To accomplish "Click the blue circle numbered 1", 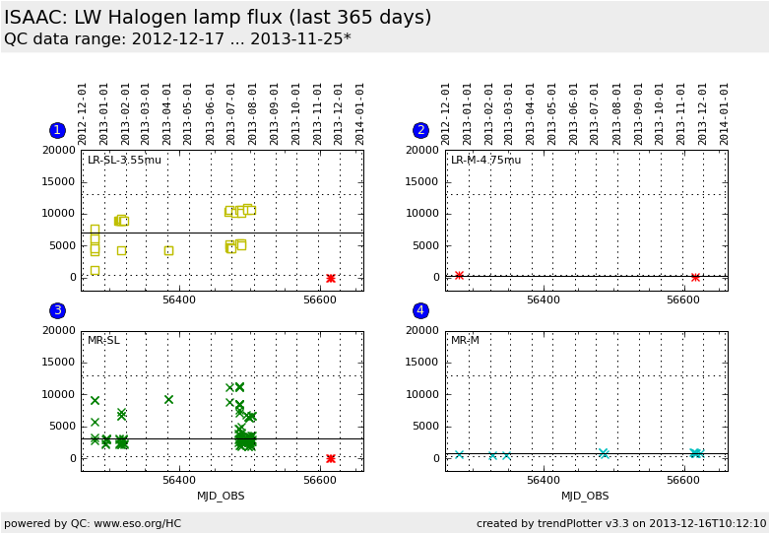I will point(57,130).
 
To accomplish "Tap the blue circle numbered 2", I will point(420,130).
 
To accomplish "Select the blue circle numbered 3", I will point(57,310).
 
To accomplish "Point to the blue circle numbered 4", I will point(420,310).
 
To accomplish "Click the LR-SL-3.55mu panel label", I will point(124,161).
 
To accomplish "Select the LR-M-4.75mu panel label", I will point(485,161).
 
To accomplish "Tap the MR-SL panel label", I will point(103,341).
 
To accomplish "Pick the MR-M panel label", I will point(465,341).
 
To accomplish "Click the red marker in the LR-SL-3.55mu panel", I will point(330,278).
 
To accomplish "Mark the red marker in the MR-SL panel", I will point(330,458).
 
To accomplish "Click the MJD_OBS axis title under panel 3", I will point(221,497).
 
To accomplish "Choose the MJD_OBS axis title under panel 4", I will point(585,497).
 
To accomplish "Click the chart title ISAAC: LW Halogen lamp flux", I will point(218,18).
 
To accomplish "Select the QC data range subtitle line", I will point(177,39).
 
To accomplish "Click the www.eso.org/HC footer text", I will point(93,523).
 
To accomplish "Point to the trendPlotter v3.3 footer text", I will point(620,523).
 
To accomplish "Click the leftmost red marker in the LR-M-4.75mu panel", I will point(459,275).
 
